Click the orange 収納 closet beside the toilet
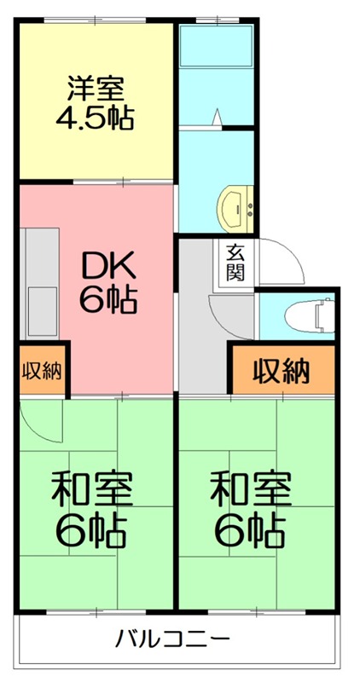click(281, 371)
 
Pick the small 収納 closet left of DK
click(41, 371)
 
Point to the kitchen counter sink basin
click(39, 303)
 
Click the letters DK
click(107, 267)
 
